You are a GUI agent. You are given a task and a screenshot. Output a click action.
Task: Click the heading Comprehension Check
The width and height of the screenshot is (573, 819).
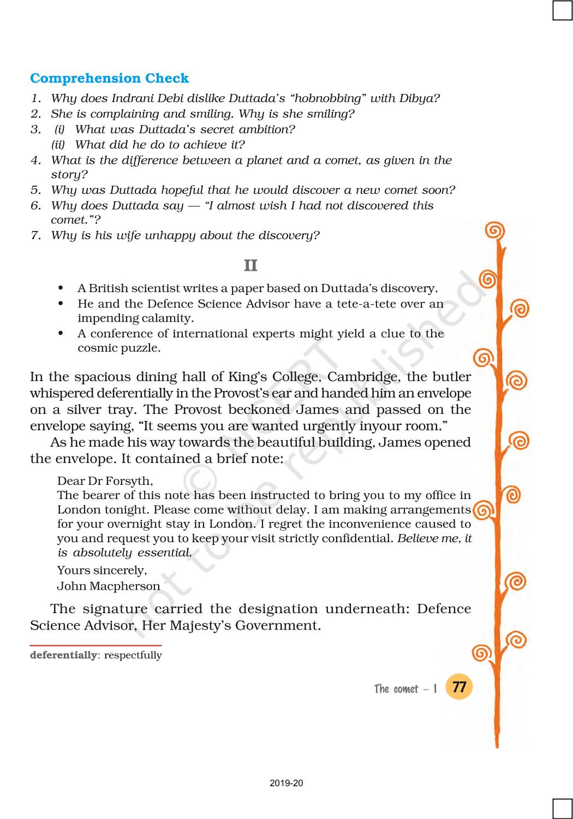click(x=109, y=78)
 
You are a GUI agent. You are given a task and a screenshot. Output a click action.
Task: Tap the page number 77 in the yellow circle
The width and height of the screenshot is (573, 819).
click(x=459, y=686)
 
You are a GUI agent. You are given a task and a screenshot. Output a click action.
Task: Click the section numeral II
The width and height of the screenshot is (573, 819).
click(x=250, y=265)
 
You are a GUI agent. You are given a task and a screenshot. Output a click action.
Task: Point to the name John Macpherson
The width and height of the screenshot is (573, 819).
click(x=109, y=586)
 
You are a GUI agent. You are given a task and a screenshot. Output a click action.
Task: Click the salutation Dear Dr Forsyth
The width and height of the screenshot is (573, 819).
click(x=105, y=480)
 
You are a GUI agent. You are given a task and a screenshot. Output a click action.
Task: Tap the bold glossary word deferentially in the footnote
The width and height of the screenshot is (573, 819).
click(x=63, y=655)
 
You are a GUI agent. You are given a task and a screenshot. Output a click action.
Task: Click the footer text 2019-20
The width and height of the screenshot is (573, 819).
click(x=286, y=783)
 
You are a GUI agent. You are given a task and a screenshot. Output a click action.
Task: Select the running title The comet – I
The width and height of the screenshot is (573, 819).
click(x=405, y=689)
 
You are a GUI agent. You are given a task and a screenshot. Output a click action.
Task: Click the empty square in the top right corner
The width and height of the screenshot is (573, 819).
click(x=562, y=10)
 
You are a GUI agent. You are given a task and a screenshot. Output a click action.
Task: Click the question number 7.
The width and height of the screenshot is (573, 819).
click(x=35, y=235)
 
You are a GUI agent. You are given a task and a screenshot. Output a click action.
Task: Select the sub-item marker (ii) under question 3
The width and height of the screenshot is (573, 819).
click(x=58, y=145)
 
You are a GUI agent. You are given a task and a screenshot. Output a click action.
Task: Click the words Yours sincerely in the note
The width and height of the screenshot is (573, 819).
click(x=102, y=570)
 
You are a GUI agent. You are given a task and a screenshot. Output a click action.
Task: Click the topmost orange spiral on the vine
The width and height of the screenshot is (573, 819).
click(x=494, y=232)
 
